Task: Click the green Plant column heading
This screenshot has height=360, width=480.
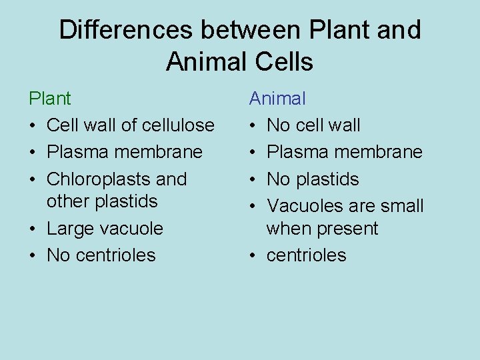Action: point(49,99)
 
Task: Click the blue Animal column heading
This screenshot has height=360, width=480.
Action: point(277,99)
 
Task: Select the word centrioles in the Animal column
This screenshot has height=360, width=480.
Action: point(307,255)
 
